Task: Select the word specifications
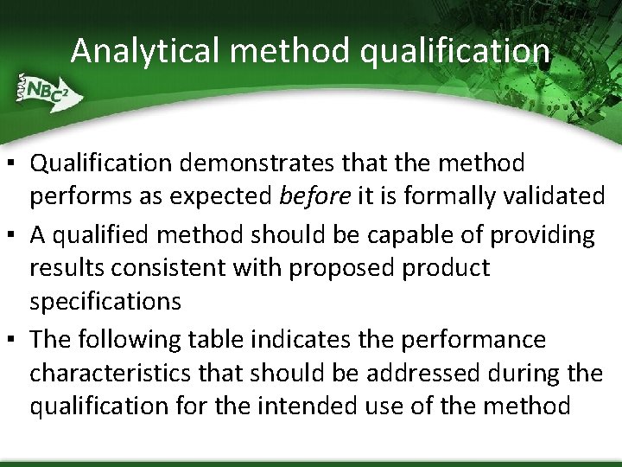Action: (x=105, y=302)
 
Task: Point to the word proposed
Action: (x=342, y=268)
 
